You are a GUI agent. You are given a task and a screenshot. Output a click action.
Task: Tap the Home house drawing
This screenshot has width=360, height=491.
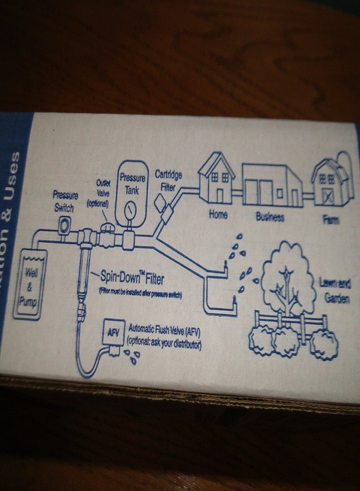[x=216, y=179]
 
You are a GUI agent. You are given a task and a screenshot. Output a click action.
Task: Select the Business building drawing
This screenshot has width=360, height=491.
[x=271, y=186]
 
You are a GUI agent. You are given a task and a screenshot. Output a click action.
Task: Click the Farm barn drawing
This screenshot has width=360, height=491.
[x=328, y=184]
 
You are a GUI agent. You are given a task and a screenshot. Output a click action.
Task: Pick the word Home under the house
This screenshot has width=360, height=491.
[x=218, y=214]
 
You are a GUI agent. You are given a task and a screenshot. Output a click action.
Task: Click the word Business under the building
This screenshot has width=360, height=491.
[x=270, y=217]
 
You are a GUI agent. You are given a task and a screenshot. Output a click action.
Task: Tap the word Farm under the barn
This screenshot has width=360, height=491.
[x=331, y=219]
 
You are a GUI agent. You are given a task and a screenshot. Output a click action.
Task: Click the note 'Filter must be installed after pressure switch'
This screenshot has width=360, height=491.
[x=140, y=293]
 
